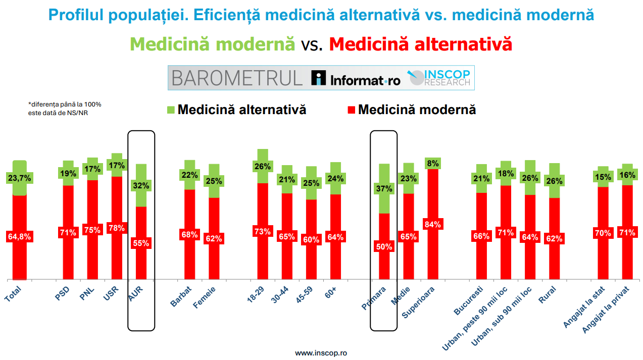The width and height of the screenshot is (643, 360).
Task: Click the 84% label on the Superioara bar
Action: [x=433, y=224]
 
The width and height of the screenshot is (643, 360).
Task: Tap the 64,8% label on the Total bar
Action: [x=19, y=236]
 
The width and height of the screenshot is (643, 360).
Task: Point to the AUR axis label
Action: [x=137, y=293]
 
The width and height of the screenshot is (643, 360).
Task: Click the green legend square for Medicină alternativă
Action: [x=170, y=110]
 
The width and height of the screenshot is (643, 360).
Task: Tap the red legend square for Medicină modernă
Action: [x=352, y=110]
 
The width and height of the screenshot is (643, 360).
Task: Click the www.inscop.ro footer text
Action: [x=321, y=353]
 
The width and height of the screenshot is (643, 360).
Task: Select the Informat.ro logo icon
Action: [x=319, y=78]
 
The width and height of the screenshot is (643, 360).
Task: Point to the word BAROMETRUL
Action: [x=237, y=78]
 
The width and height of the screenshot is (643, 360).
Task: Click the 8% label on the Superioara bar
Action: [x=433, y=163]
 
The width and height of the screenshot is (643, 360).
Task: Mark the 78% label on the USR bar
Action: [x=117, y=228]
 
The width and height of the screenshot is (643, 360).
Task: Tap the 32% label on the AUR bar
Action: [x=141, y=185]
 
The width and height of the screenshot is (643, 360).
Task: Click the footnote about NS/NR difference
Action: [x=65, y=108]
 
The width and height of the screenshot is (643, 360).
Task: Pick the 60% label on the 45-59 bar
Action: [x=311, y=240]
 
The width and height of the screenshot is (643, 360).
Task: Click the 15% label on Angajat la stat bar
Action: [x=603, y=177]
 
